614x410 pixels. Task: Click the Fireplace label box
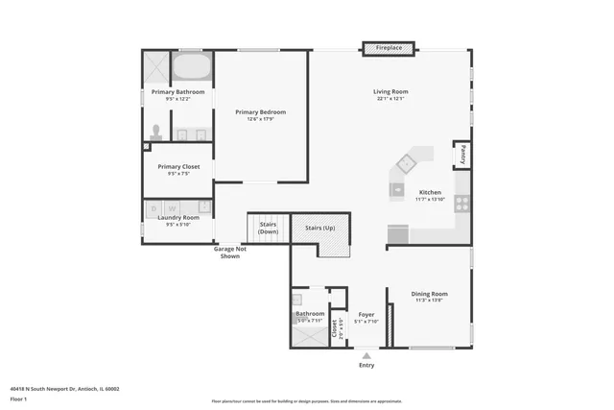[x=388, y=47]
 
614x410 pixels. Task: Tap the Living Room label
[x=390, y=92]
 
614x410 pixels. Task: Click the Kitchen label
[x=430, y=192]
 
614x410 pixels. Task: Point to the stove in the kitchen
[x=461, y=204]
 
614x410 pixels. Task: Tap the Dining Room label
[x=430, y=294]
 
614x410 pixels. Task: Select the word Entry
[x=366, y=365]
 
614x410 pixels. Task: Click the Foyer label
[x=366, y=314]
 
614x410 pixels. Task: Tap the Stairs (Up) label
[x=319, y=228]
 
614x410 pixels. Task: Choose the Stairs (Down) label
[x=269, y=228]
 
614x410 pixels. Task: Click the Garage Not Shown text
[x=229, y=253]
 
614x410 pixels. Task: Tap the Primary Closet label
[x=178, y=166]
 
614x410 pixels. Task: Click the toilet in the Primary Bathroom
[x=156, y=133]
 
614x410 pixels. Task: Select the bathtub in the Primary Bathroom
[x=192, y=66]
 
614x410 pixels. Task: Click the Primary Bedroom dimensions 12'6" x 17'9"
[x=261, y=119]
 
